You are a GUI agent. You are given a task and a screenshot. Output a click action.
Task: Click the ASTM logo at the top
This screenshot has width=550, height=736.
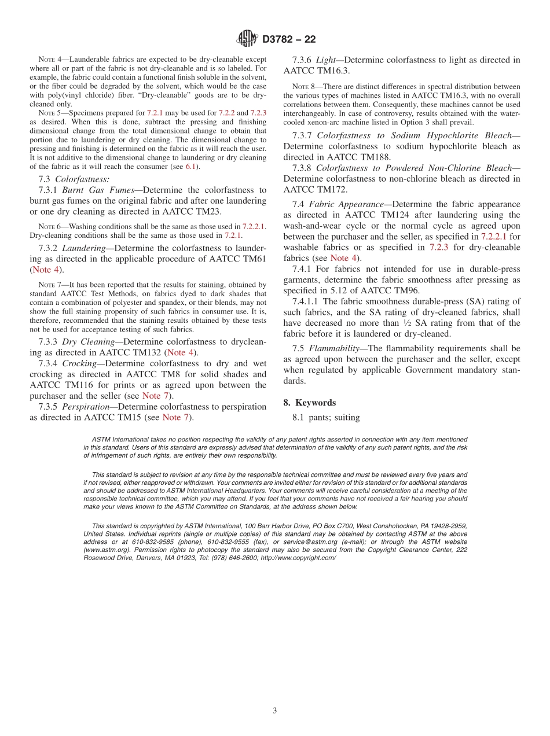click(247, 39)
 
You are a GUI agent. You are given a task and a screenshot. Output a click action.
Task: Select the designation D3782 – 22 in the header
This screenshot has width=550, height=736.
click(289, 40)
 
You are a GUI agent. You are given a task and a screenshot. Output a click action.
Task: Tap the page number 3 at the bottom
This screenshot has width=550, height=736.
click(275, 711)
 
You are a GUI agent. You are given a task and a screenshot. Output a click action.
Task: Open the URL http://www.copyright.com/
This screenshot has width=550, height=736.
click(298, 558)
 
